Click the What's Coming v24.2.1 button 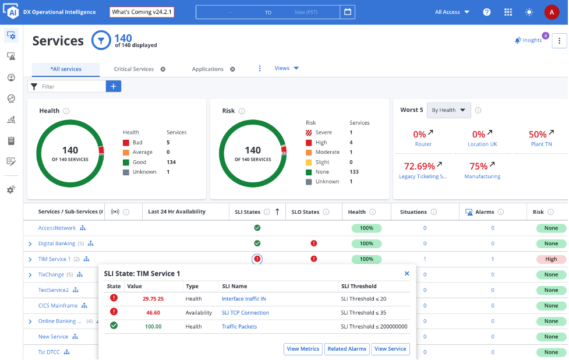[x=142, y=12]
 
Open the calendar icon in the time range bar [x=348, y=12]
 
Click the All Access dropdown [x=452, y=12]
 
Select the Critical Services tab [x=134, y=69]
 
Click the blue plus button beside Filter [x=114, y=86]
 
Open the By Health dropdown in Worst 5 [x=448, y=110]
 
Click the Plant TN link [x=540, y=144]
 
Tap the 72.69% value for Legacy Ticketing [x=419, y=166]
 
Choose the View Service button [x=390, y=349]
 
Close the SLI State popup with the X [x=407, y=273]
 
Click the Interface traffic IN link [x=243, y=299]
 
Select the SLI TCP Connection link [x=245, y=313]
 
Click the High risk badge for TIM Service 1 [x=551, y=259]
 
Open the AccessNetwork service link [x=57, y=228]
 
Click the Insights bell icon [x=518, y=40]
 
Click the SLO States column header [x=305, y=212]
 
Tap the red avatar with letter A [x=552, y=12]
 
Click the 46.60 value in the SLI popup [x=153, y=313]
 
